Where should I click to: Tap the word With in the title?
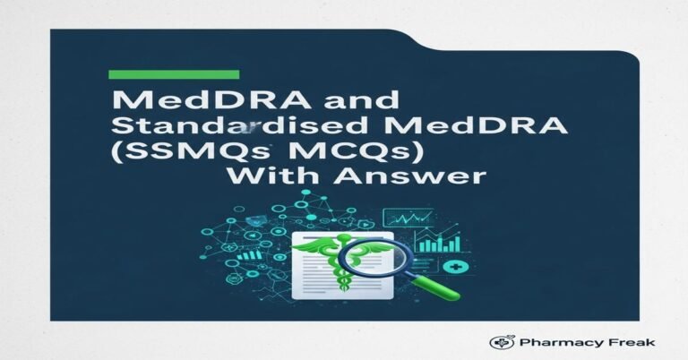pos(268,177)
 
